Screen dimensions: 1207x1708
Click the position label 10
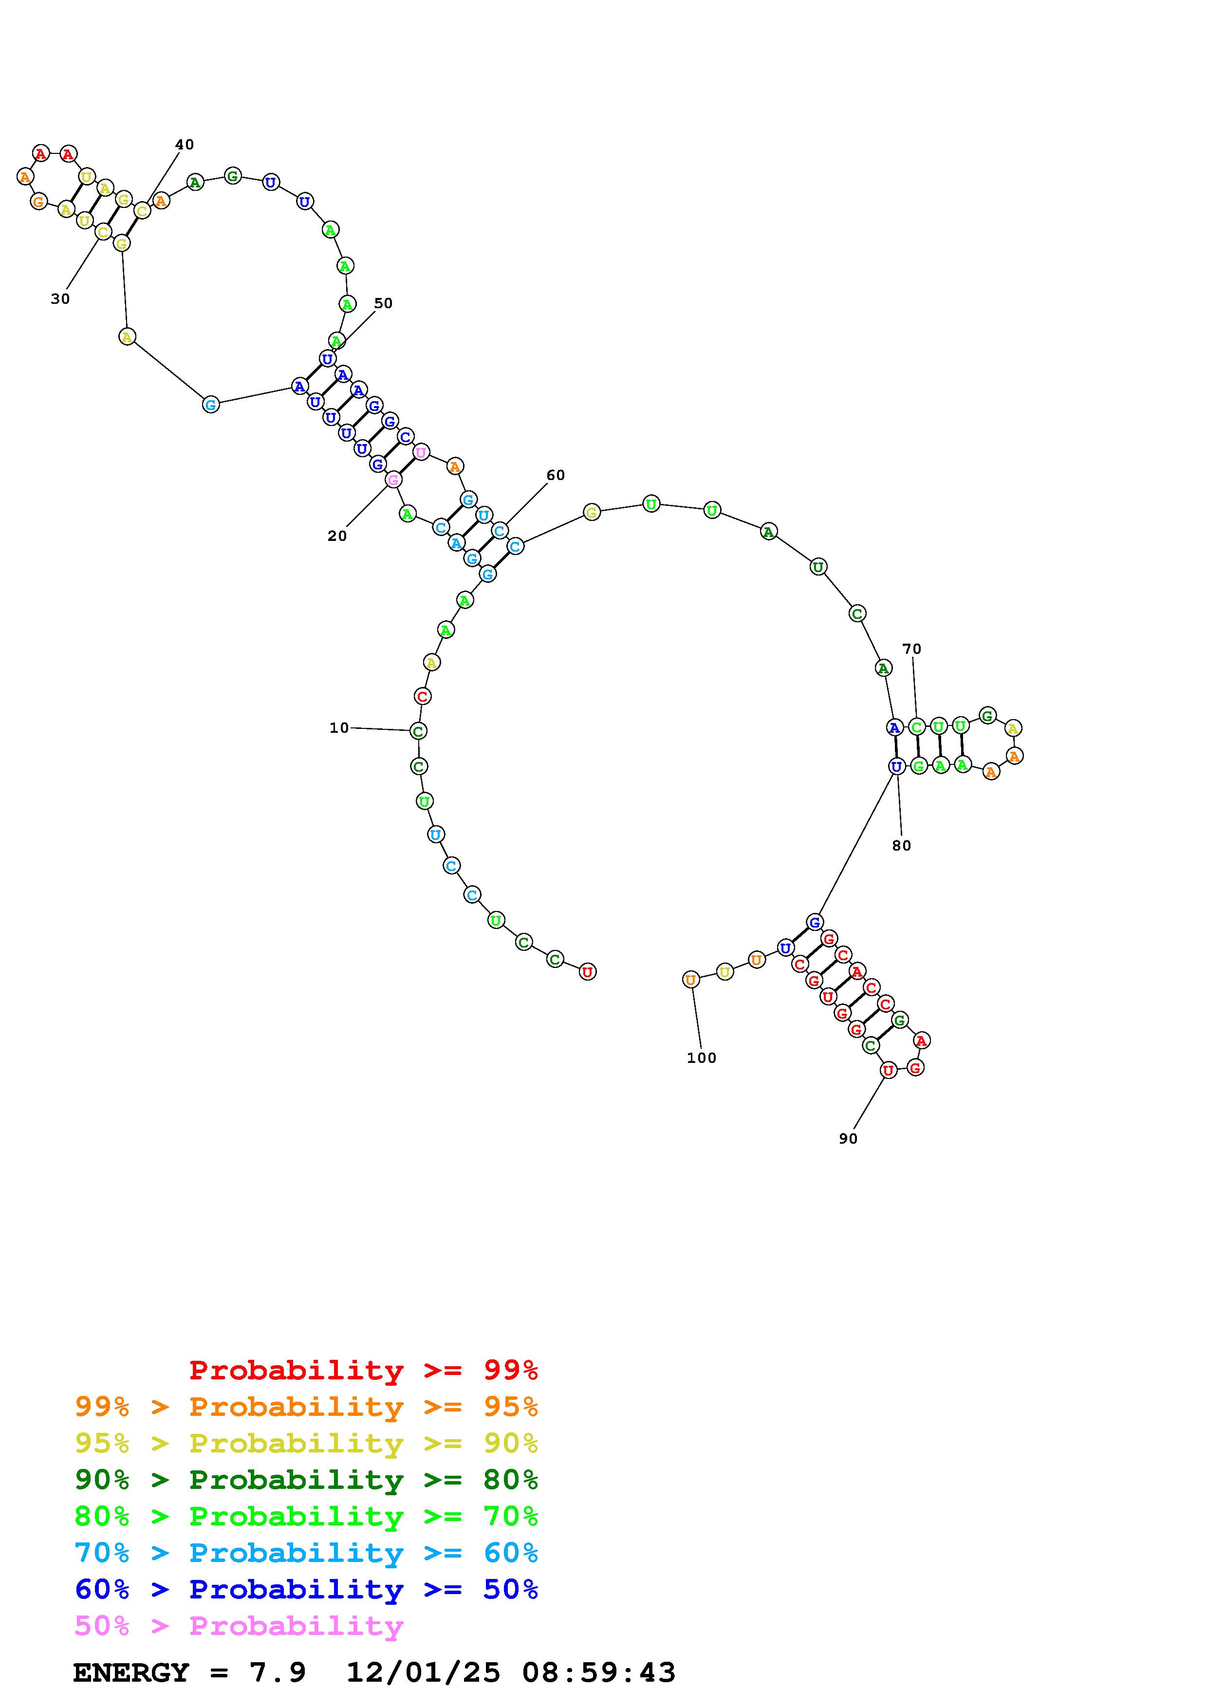click(x=339, y=727)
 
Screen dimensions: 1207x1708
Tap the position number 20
click(x=337, y=536)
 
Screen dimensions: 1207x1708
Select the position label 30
click(x=60, y=299)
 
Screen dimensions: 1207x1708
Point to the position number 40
click(x=185, y=144)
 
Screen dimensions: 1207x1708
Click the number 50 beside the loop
click(x=383, y=303)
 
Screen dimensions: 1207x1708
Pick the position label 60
click(x=556, y=475)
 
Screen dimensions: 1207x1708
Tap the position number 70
click(x=912, y=649)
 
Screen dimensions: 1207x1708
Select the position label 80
click(x=901, y=845)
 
